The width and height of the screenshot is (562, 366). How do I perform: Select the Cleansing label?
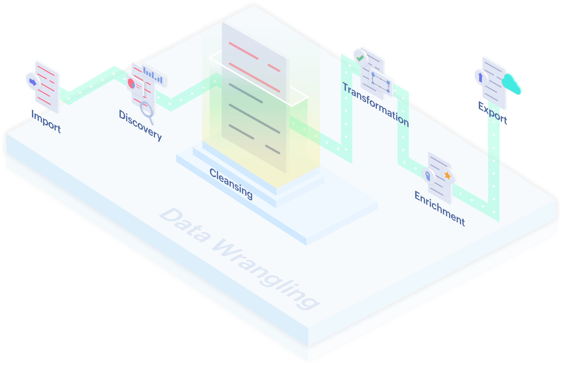(x=231, y=184)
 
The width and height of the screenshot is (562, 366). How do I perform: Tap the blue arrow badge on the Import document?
(x=33, y=82)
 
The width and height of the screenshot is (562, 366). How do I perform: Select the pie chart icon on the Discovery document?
(x=132, y=84)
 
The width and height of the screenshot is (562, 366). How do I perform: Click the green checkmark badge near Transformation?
(x=360, y=58)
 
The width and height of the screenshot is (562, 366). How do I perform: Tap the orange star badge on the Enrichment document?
(x=448, y=175)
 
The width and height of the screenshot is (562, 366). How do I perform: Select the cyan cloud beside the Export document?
(x=511, y=84)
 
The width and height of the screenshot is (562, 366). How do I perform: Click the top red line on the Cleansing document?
(x=243, y=51)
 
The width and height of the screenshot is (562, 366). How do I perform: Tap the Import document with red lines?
(x=48, y=87)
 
